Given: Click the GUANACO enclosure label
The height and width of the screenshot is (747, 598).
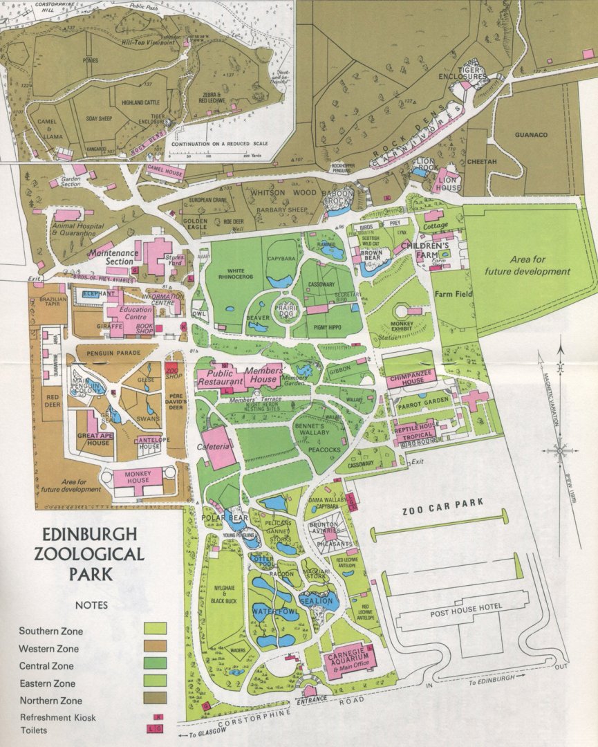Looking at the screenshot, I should click(x=531, y=135).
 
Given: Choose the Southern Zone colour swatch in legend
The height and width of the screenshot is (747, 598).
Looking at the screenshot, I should click(x=155, y=629).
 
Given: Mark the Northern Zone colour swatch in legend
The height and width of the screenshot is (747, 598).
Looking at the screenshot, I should click(x=155, y=699).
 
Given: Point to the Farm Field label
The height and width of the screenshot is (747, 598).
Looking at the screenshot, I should click(x=452, y=294).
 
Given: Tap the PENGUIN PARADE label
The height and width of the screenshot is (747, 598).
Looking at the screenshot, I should click(x=113, y=353).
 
